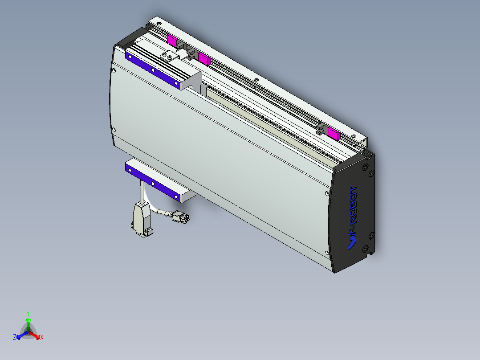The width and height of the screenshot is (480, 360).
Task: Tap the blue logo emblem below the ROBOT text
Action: (351, 241)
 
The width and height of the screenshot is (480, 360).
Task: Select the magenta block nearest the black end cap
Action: (334, 133)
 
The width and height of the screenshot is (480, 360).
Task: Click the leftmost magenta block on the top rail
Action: (172, 40)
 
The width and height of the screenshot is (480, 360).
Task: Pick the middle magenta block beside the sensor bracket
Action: (204, 58)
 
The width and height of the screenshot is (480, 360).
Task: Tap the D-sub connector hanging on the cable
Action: (141, 218)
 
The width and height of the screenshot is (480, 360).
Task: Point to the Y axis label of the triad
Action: (28, 313)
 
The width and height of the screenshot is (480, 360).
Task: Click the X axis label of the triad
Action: (42, 338)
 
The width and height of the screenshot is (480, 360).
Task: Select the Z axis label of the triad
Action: (15, 337)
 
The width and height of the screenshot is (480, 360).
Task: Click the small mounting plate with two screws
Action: (170, 55)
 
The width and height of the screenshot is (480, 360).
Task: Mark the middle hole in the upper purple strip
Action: (153, 70)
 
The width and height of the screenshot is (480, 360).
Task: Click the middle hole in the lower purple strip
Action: (153, 183)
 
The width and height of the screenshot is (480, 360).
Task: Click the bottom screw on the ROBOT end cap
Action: (366, 248)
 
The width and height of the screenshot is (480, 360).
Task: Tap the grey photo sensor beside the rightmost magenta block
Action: (321, 130)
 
